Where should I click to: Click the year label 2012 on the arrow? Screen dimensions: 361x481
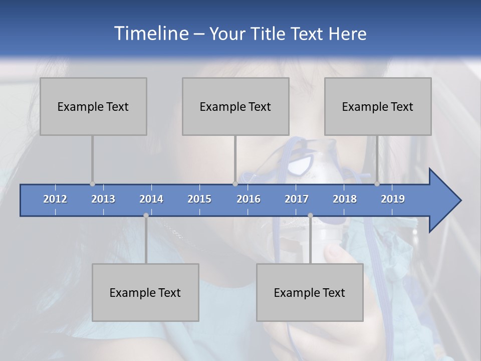coord(55,199)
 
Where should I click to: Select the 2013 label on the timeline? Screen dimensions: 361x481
coord(103,199)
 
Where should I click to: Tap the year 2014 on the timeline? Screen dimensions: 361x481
coord(151,199)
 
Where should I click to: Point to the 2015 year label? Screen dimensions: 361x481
coord(199,199)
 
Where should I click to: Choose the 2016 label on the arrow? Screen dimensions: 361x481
coord(249,199)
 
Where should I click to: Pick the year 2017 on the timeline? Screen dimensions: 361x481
coord(297,199)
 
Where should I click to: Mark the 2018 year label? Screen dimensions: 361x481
coord(345,199)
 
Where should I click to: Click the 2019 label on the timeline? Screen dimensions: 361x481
coord(393,199)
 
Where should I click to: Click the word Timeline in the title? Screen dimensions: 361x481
coord(151,34)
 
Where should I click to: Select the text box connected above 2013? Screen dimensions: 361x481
coord(93,106)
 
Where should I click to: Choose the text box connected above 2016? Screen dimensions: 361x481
coord(235,106)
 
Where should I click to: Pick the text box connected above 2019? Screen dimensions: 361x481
coord(378,106)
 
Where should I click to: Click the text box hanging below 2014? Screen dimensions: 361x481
coord(145,292)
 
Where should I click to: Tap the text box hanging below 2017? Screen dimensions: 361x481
coord(310,292)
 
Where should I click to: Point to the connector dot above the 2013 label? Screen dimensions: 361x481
coord(92,184)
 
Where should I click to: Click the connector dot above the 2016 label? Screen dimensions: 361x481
coord(235,184)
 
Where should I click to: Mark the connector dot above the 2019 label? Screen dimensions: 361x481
coord(377,184)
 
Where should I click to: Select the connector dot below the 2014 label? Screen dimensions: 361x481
coord(146,216)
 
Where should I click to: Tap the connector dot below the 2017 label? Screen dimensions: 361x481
coord(310,216)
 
